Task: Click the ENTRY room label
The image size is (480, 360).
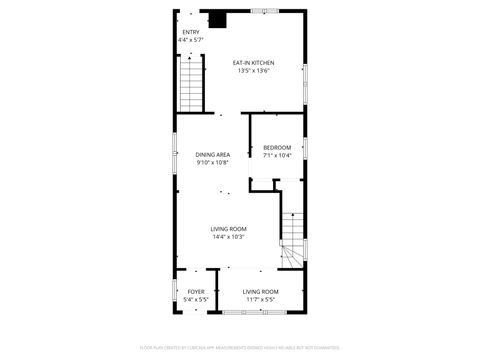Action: click(190, 32)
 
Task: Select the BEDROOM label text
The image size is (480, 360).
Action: click(277, 147)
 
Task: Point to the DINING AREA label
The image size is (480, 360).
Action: click(213, 154)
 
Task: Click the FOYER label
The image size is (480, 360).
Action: click(196, 291)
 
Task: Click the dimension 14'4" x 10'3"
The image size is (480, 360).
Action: click(229, 237)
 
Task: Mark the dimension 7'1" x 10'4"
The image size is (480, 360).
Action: click(277, 155)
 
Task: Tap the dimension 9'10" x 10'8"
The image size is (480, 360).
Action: click(213, 162)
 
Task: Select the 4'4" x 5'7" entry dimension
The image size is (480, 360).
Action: click(190, 40)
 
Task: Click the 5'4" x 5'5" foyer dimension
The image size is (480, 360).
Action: click(196, 299)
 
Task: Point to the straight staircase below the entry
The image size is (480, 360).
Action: click(191, 84)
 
